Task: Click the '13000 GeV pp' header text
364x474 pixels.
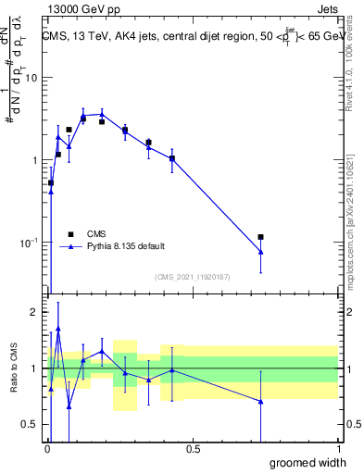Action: (x=83, y=8)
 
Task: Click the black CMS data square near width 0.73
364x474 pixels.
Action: (x=261, y=238)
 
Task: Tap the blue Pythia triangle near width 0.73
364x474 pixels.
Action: (x=261, y=252)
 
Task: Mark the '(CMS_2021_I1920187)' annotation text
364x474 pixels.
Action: (x=192, y=277)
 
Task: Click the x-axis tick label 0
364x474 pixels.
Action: (x=46, y=449)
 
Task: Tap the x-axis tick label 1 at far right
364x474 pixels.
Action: (x=338, y=449)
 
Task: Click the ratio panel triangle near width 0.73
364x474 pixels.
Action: (x=261, y=402)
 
